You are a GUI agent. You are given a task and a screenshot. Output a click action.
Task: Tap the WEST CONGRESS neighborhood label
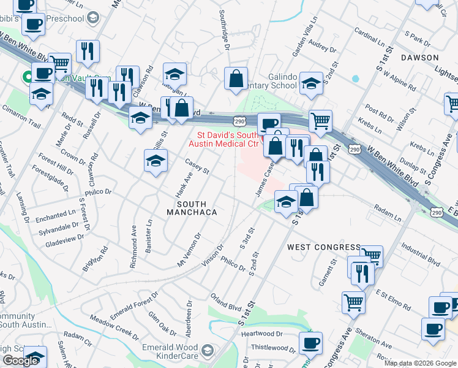(x=324, y=247)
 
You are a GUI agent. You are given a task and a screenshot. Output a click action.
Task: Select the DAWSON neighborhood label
(x=419, y=57)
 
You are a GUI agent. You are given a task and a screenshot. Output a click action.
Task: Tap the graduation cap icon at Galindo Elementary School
(x=311, y=83)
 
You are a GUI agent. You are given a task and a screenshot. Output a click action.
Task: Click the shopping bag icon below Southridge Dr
(x=236, y=79)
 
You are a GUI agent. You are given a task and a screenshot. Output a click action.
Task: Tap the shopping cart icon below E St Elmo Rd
(x=353, y=301)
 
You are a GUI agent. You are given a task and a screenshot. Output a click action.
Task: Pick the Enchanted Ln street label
(x=55, y=217)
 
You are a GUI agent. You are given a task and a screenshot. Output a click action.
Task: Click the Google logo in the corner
(x=20, y=361)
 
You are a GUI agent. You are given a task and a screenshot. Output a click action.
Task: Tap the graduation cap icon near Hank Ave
(x=156, y=161)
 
